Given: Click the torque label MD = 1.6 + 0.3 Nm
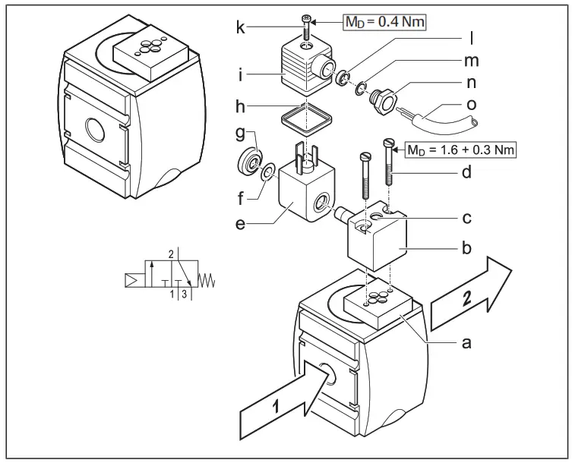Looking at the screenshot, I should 461,150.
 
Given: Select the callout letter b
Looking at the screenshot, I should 467,247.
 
